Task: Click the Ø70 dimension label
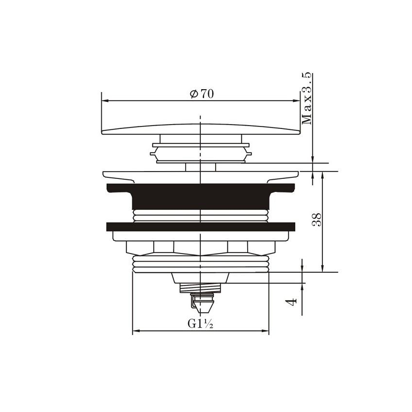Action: coord(202,94)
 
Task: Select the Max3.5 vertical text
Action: coord(307,98)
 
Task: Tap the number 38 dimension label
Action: coord(317,220)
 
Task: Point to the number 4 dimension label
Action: coord(292,302)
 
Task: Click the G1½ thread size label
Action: coord(200,323)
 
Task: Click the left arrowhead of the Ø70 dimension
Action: coord(105,101)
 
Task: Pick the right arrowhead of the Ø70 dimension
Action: coord(296,101)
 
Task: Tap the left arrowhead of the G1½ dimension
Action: coord(136,331)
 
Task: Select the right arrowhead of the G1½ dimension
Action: coord(265,331)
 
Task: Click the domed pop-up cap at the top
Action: coord(201,129)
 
